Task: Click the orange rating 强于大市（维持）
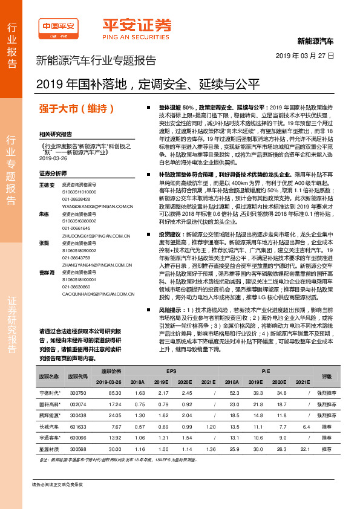[76, 109]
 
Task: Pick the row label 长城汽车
[50, 426]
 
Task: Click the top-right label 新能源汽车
[315, 42]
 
